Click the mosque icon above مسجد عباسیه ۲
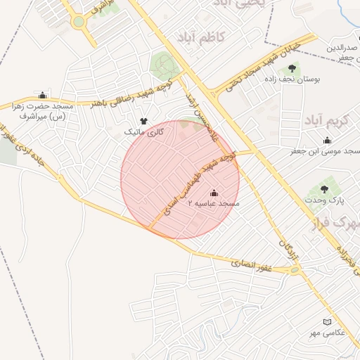click(214, 193)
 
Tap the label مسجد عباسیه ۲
click(214, 203)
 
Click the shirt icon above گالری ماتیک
click(144, 121)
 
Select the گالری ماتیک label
click(144, 131)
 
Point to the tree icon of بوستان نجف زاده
click(292, 69)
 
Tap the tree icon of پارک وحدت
click(324, 188)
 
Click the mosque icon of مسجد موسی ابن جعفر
click(326, 141)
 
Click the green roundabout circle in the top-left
click(78, 22)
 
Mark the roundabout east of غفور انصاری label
click(295, 269)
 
